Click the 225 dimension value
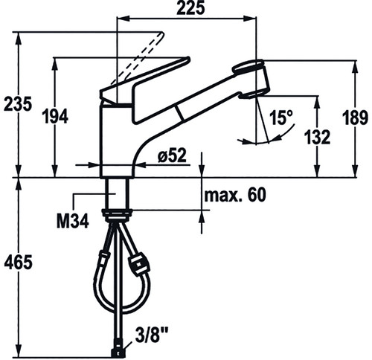[x=191, y=8]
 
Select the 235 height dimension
[x=18, y=103]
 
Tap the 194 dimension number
[x=55, y=117]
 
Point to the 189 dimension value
[x=355, y=118]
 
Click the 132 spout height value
[x=317, y=137]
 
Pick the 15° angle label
[x=281, y=118]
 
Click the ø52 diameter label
[x=172, y=155]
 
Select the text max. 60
[x=234, y=195]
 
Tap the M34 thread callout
[x=73, y=221]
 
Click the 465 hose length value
[x=18, y=262]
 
